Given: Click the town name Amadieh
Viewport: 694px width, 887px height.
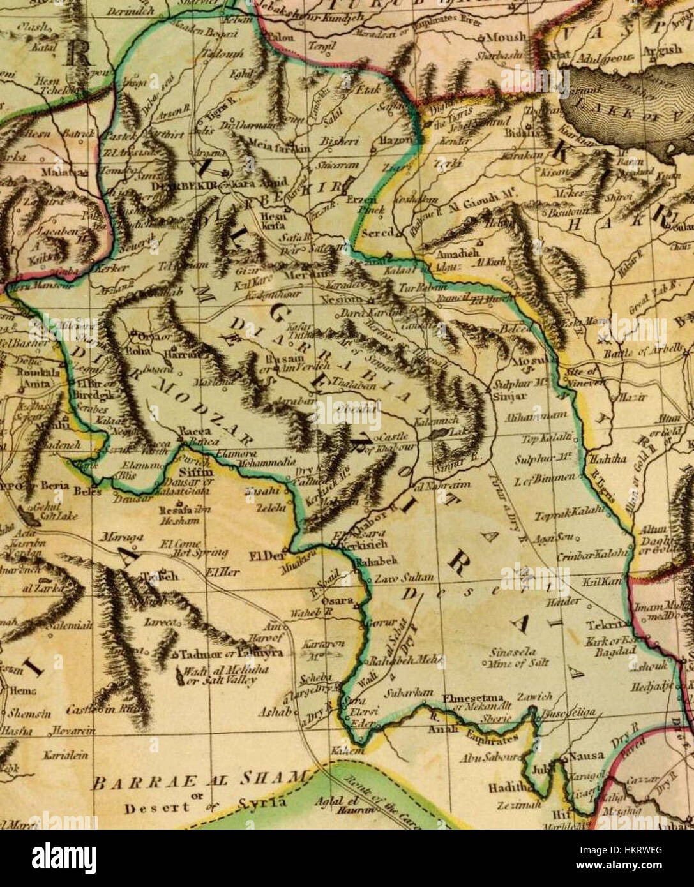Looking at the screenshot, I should [x=451, y=253].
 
